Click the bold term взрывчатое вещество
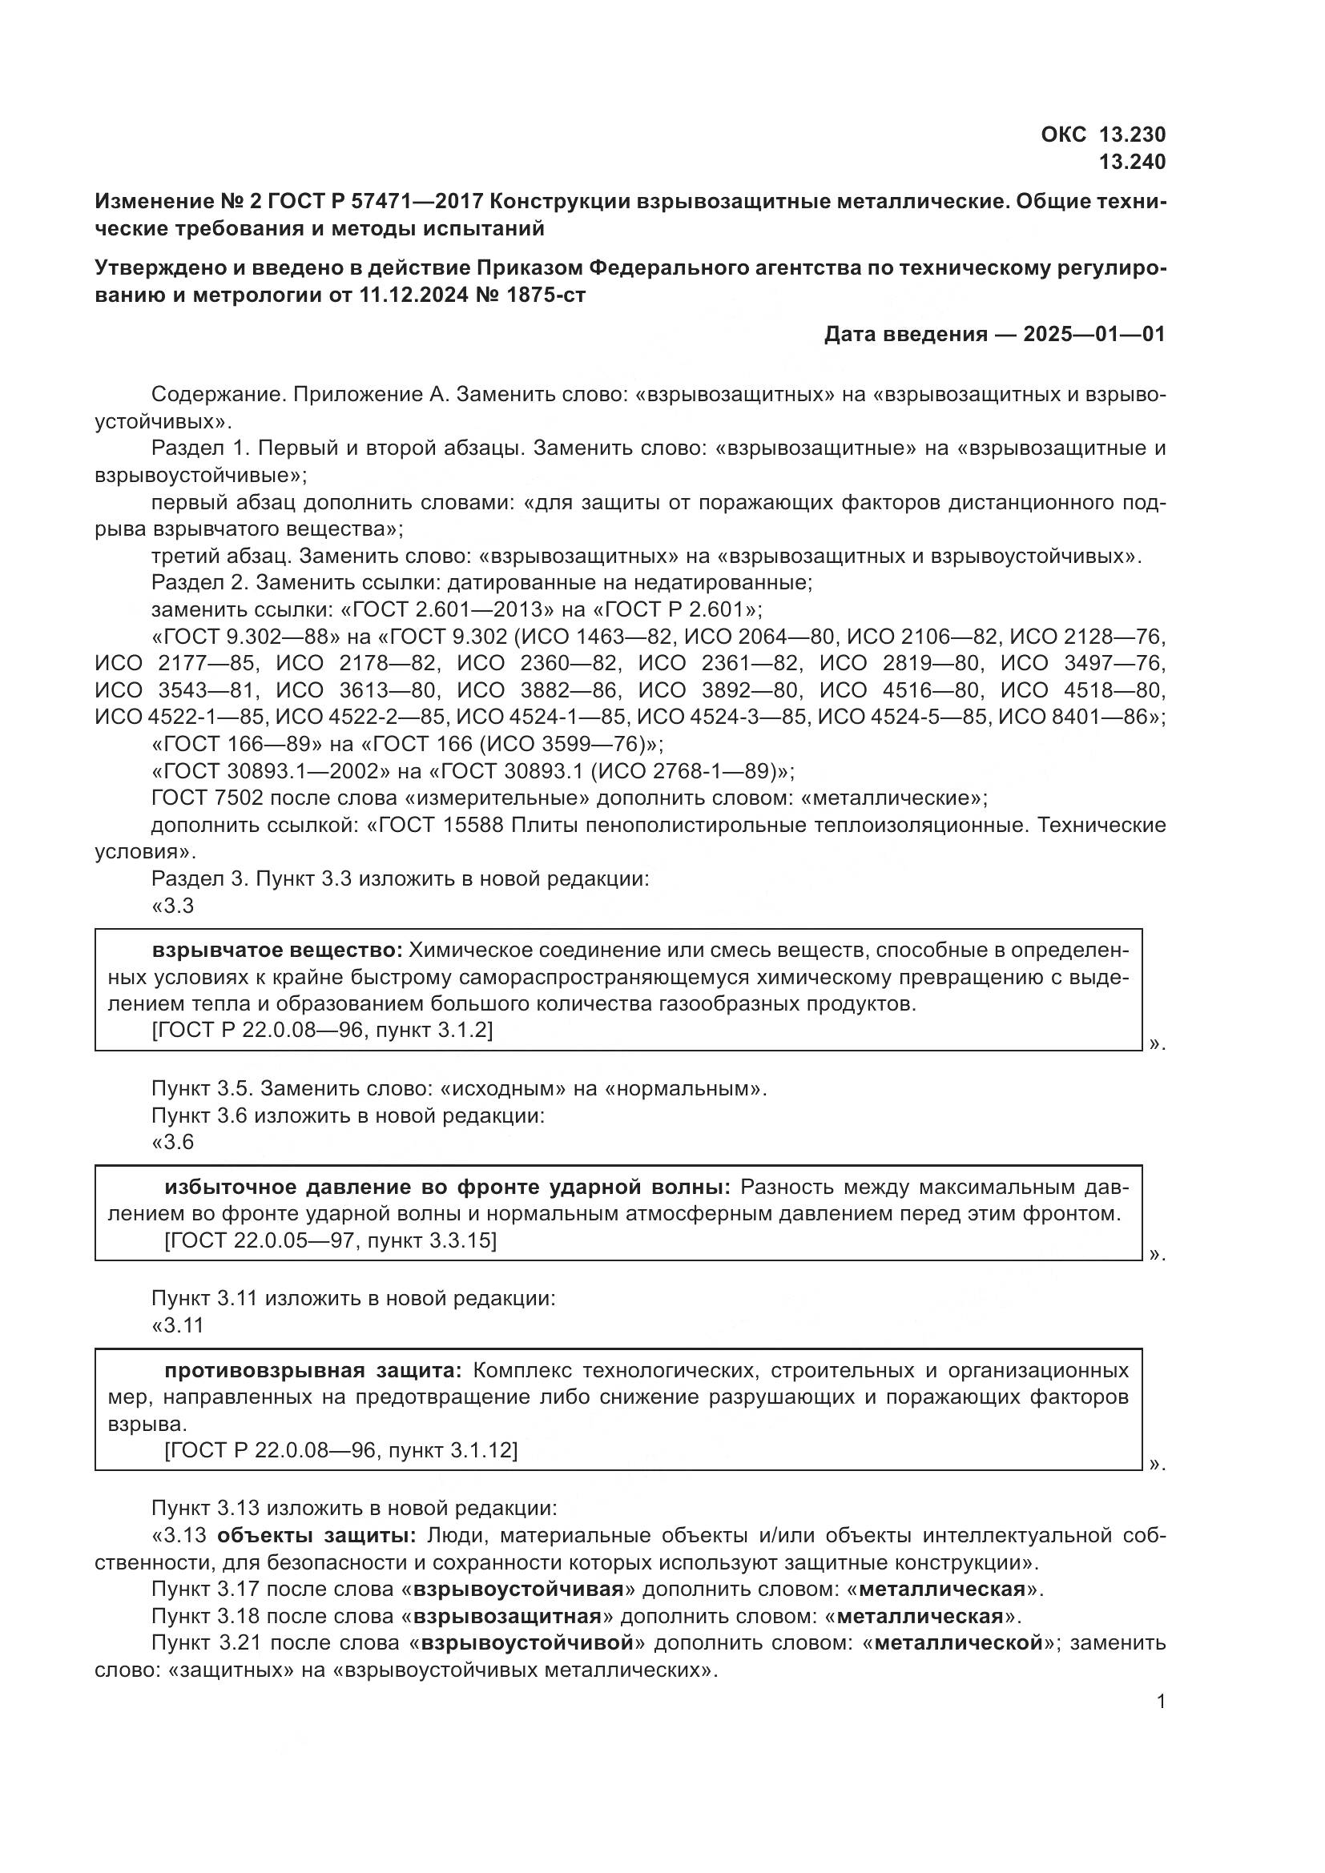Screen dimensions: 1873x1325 pos(277,951)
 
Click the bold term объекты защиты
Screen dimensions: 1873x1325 pos(316,1536)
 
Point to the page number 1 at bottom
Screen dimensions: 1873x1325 pos(1161,1702)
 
